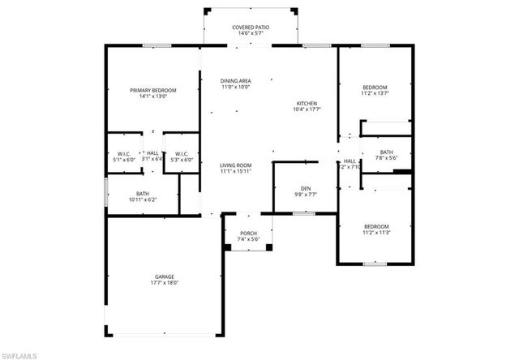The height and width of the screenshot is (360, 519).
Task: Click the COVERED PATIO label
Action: tap(251, 27)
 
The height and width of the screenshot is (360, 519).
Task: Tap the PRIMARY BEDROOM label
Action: tap(153, 90)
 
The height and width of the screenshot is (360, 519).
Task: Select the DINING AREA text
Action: tap(236, 80)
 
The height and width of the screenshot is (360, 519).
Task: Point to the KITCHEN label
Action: tap(307, 104)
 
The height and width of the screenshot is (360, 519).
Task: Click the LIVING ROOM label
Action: tap(236, 165)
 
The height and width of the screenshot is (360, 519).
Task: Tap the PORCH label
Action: tap(248, 234)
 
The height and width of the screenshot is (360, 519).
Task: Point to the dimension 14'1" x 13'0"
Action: tap(153, 97)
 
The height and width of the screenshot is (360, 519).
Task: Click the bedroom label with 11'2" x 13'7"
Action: tap(375, 87)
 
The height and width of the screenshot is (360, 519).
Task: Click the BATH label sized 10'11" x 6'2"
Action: tap(142, 193)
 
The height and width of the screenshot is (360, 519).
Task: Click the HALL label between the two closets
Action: tap(152, 152)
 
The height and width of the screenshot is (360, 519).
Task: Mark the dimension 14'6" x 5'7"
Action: tap(251, 34)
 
